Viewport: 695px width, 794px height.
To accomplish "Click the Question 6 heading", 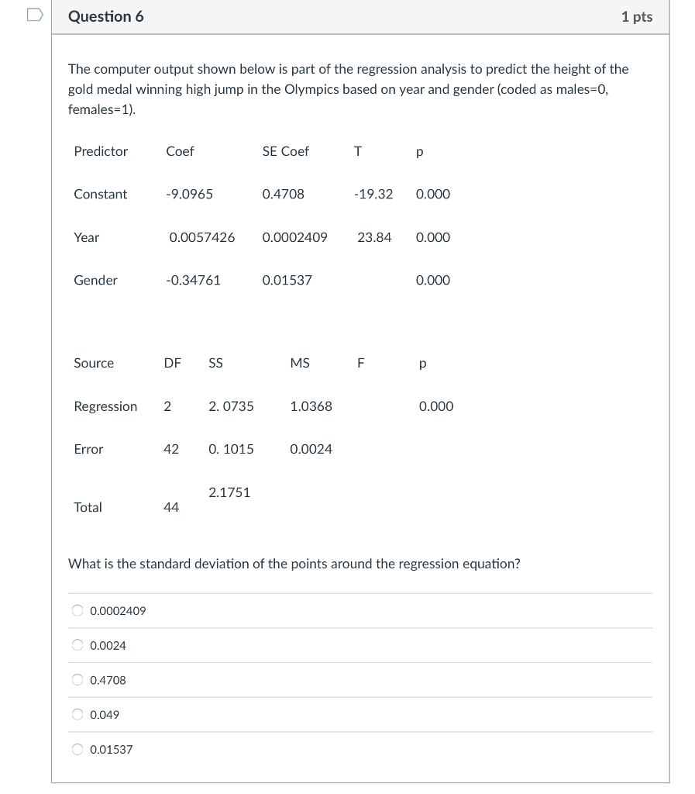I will click(105, 16).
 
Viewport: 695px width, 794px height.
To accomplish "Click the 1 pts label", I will click(636, 16).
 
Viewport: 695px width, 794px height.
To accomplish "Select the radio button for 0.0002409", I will click(77, 611).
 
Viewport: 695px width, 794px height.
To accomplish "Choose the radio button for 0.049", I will click(77, 715).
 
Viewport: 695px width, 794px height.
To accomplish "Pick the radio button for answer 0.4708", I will click(77, 680).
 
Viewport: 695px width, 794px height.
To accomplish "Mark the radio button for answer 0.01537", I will click(77, 750).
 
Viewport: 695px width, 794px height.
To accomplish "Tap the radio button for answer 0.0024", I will click(77, 645).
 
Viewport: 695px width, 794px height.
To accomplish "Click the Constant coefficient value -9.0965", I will click(189, 195).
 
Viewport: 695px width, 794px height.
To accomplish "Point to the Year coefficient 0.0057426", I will click(201, 237).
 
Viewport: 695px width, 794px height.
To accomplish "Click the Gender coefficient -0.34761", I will click(193, 281).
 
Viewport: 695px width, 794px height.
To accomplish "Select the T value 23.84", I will click(374, 237).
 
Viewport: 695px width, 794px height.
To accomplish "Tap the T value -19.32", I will click(373, 195).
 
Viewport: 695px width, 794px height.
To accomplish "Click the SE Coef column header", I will click(285, 151).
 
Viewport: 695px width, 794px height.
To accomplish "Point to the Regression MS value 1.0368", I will click(311, 406).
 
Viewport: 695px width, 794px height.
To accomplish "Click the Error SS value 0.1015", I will click(231, 449).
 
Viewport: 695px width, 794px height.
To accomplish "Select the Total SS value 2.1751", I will click(229, 492).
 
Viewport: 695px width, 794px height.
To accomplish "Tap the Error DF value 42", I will click(171, 449).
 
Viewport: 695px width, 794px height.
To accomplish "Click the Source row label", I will click(94, 363).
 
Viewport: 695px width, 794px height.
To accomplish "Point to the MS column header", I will click(300, 363).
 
